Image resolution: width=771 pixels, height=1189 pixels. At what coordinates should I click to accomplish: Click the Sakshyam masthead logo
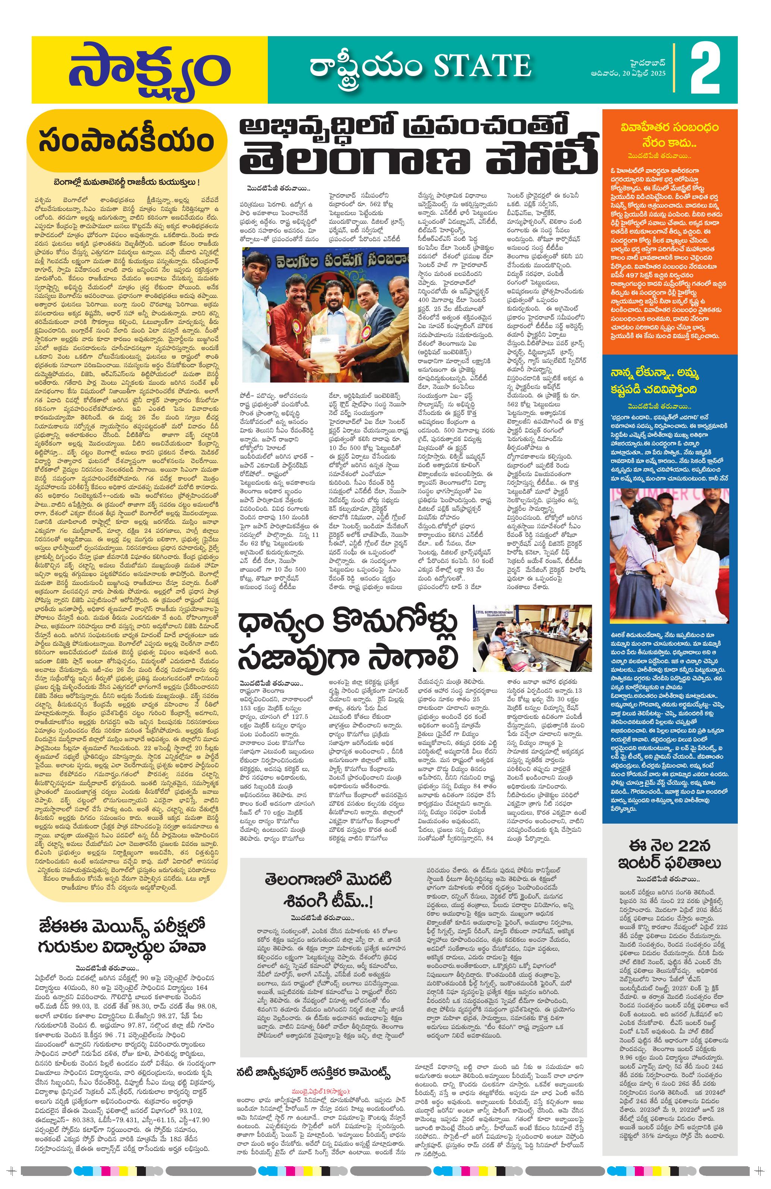point(149,70)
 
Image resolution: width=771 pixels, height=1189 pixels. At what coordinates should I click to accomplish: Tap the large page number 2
point(705,70)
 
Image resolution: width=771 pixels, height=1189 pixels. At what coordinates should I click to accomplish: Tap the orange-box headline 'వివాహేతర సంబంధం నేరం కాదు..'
point(669,134)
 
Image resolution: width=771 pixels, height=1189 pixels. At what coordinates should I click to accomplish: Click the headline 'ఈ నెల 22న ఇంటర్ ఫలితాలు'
point(669,854)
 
